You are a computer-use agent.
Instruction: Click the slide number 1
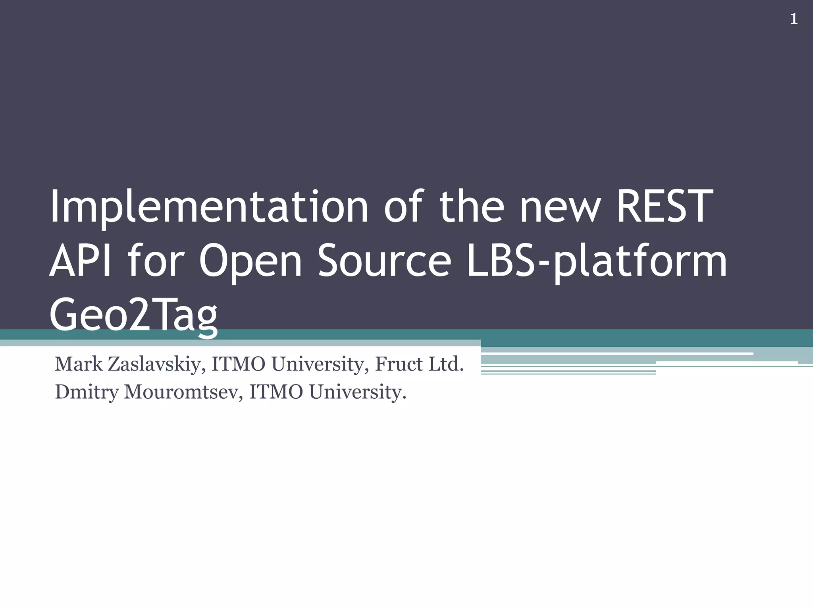click(x=794, y=19)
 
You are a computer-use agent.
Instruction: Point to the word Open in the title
click(x=250, y=262)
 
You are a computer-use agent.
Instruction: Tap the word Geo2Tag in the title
click(x=134, y=316)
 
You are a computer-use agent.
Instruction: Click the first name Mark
click(x=79, y=364)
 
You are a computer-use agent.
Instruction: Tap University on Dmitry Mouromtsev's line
click(x=358, y=392)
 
